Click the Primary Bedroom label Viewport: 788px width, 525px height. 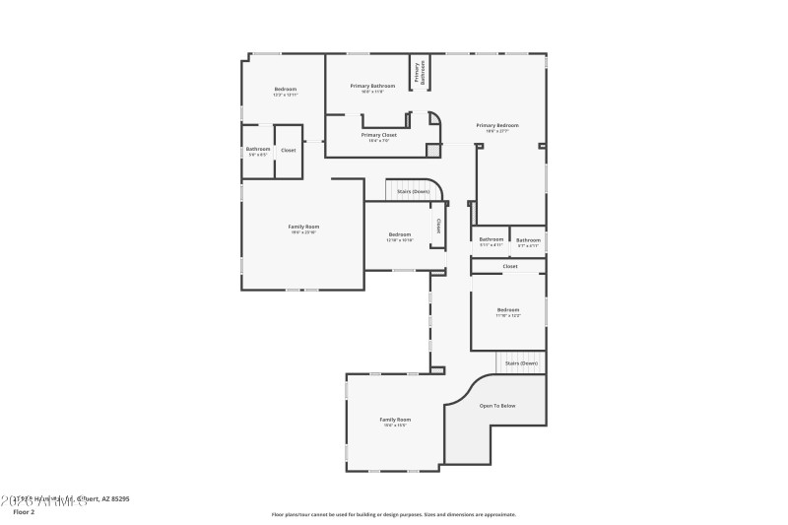[496, 125]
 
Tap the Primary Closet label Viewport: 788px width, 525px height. [378, 135]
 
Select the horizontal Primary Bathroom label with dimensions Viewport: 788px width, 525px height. [372, 87]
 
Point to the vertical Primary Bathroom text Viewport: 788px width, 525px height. [420, 73]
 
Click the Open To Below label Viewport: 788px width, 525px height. [496, 406]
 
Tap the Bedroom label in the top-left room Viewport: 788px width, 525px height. [285, 90]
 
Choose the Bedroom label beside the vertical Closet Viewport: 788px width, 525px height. [399, 234]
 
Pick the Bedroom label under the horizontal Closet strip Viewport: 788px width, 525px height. [507, 310]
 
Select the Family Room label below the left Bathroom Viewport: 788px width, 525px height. [303, 227]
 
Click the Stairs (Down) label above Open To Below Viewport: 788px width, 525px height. [521, 363]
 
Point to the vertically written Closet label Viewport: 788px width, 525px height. [438, 226]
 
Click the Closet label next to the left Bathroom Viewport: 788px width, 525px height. [288, 150]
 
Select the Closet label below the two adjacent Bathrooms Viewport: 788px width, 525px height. [509, 266]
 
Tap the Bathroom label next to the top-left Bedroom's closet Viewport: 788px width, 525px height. [258, 150]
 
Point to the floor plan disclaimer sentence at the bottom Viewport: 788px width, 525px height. [393, 514]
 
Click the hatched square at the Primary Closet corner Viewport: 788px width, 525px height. [431, 150]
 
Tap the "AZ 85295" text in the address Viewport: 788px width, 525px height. [112, 499]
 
